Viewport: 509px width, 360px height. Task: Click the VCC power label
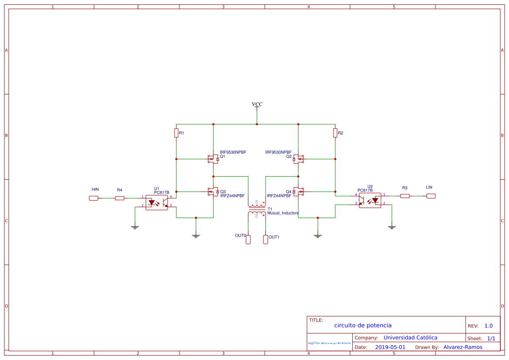click(257, 104)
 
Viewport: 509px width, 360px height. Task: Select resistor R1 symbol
click(176, 133)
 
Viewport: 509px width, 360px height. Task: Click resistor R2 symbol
click(335, 133)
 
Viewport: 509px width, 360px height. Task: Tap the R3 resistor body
click(405, 196)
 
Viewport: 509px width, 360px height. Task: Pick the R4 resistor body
click(120, 198)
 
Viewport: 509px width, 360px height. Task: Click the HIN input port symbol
click(94, 198)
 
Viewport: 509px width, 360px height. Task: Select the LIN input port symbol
click(431, 196)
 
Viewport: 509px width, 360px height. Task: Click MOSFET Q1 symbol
click(213, 159)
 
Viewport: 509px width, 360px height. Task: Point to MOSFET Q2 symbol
click(298, 159)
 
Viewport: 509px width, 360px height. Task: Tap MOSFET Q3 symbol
click(213, 192)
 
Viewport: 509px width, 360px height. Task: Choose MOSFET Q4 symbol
click(298, 191)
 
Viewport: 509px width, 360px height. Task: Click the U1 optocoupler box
click(156, 202)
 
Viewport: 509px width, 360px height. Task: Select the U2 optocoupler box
click(370, 200)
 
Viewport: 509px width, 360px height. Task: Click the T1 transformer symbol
click(257, 209)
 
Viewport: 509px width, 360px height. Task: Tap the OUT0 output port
click(248, 239)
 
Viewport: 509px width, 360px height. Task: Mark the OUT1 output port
click(266, 239)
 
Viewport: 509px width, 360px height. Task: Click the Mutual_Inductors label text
click(283, 213)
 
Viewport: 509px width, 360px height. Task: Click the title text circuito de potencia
click(363, 325)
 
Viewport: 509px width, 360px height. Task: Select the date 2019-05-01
click(390, 347)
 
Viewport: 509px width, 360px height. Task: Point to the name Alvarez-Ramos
click(463, 347)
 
